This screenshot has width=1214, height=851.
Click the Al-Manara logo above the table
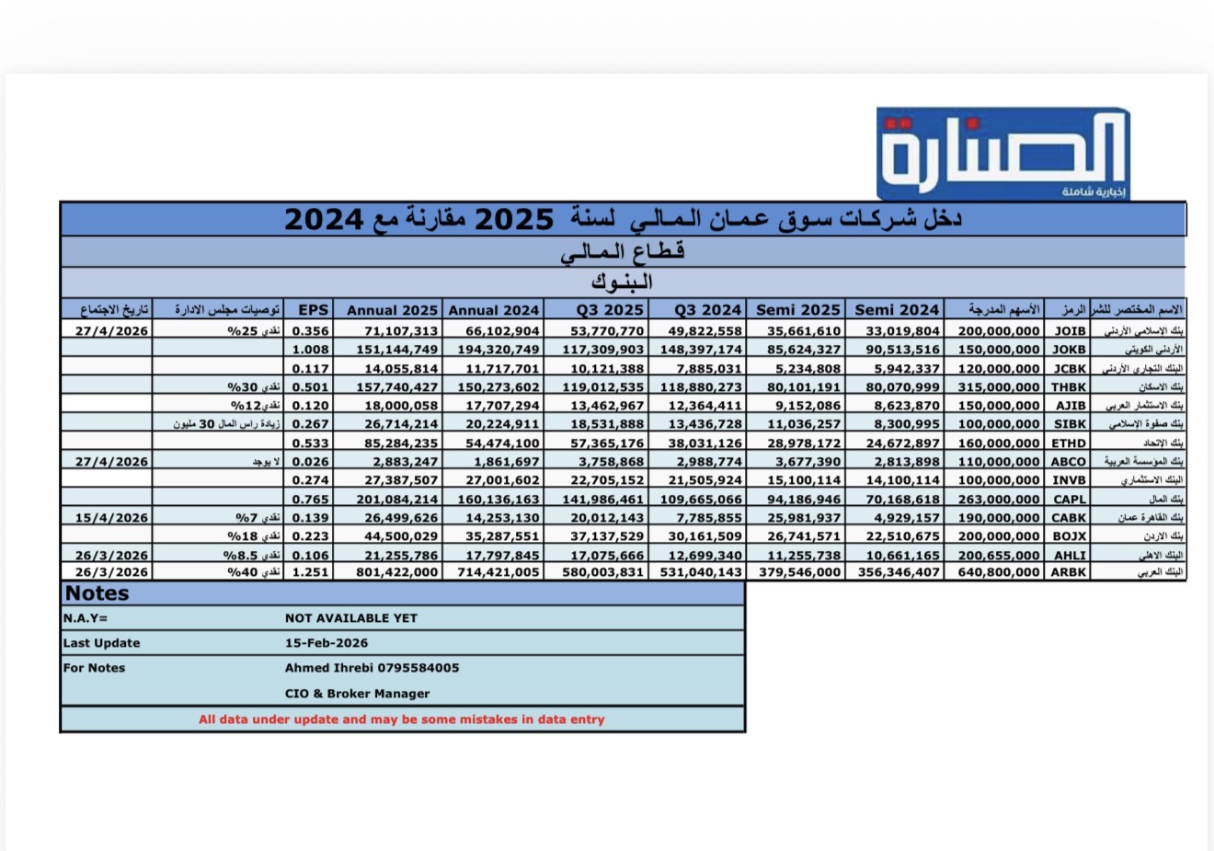(x=1002, y=153)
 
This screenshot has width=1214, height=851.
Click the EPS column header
(x=313, y=310)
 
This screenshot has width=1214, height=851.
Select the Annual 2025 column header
(x=392, y=310)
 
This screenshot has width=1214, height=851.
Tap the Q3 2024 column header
(x=707, y=310)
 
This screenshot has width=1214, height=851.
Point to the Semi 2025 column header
(x=797, y=310)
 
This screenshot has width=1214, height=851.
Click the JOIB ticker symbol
(x=1070, y=330)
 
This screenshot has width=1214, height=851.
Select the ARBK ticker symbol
(x=1069, y=572)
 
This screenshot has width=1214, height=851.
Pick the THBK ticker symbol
(x=1069, y=387)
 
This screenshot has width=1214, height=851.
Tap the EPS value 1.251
(x=310, y=572)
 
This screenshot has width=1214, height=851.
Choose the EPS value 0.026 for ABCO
(x=310, y=462)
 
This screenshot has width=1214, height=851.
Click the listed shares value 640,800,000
(x=999, y=572)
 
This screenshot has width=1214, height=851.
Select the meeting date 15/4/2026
(x=111, y=518)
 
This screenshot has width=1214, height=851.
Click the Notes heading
(x=97, y=593)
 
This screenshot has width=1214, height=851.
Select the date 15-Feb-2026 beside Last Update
(x=326, y=643)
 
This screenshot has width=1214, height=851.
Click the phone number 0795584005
(x=415, y=668)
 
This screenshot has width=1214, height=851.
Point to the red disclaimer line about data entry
(x=402, y=719)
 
